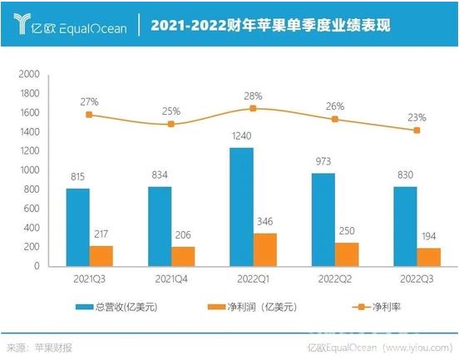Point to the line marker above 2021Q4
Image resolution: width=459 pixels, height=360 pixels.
pos(170,124)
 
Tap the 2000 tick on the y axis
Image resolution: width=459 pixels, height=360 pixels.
pos(29,74)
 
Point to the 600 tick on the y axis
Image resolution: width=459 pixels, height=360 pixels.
pos(32,209)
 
